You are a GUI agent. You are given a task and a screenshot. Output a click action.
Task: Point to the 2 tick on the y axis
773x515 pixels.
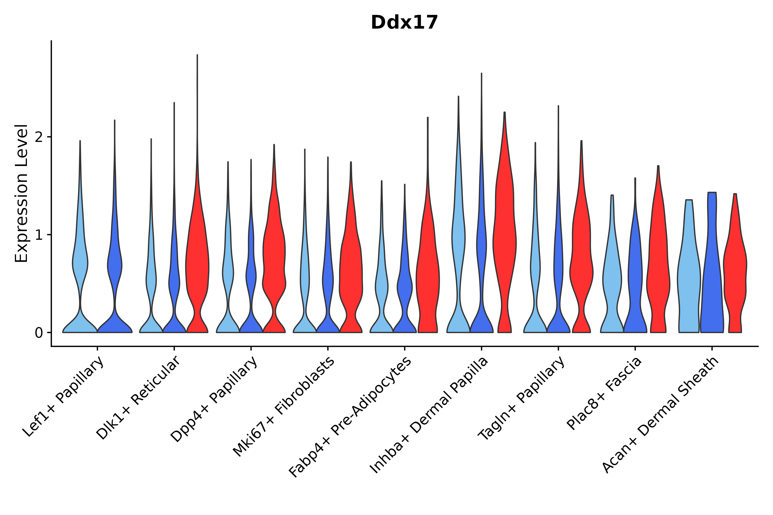coord(39,137)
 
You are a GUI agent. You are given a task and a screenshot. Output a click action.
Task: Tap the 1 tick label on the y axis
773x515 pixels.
coord(39,235)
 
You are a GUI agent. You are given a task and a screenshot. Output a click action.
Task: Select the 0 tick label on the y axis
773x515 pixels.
coord(39,333)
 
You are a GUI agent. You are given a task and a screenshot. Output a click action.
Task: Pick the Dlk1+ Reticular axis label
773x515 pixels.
coord(138,398)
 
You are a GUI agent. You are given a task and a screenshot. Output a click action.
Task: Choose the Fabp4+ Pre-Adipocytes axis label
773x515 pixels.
coord(350,417)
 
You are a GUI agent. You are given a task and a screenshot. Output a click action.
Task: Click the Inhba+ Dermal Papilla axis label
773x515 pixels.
coord(429,415)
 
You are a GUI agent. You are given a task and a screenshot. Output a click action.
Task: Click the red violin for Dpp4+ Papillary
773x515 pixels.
coord(274,256)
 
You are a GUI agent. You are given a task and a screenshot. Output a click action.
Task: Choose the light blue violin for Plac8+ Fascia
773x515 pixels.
coord(612,279)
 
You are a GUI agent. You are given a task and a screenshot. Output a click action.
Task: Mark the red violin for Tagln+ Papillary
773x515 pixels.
coord(581,263)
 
